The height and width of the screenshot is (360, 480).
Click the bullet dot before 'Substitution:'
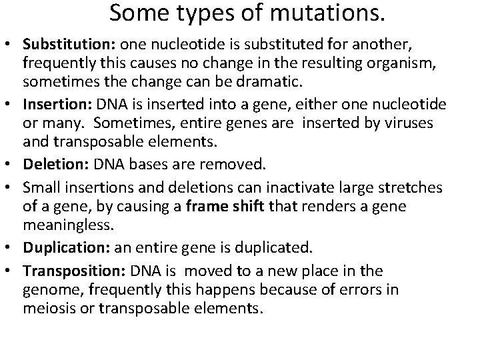pos(11,43)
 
